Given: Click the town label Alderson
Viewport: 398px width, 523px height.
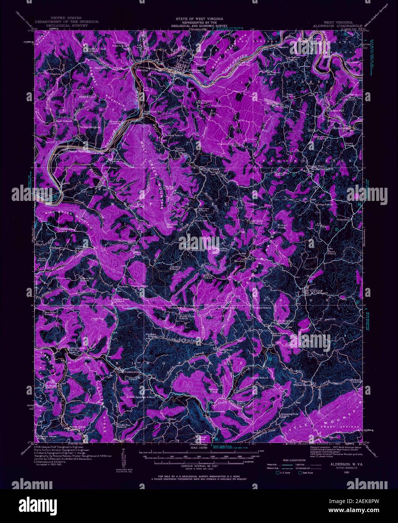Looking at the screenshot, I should click(195, 70).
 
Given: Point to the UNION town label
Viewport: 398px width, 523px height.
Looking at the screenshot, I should click(313, 290).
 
